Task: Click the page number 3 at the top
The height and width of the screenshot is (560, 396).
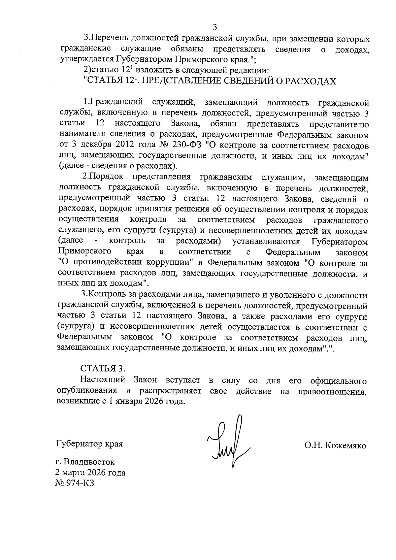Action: pos(215,27)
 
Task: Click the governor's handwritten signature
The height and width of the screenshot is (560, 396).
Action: pos(228,442)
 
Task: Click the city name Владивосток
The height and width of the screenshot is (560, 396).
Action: pos(89,462)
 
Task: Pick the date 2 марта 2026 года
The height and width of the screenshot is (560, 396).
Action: pos(91,473)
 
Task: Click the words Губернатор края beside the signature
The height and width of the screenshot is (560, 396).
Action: pos(90,444)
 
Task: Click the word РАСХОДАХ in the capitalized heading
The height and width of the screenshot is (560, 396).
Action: pos(312,81)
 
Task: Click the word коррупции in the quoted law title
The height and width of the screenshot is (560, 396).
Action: pos(170,263)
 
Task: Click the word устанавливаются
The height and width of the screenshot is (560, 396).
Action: pos(266,242)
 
